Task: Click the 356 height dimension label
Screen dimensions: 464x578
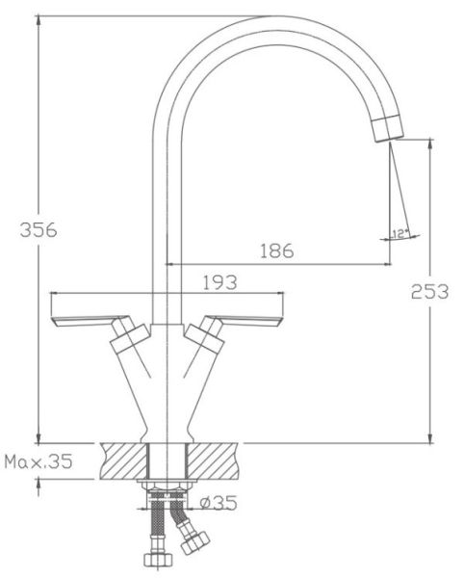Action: click(x=39, y=230)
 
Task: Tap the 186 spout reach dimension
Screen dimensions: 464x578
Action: click(x=277, y=250)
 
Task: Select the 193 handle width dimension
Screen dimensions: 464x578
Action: click(x=220, y=282)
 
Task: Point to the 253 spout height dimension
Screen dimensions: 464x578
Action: click(x=429, y=291)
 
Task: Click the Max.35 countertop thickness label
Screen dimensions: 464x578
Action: click(x=39, y=461)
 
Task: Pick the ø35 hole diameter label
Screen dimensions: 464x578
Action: click(x=219, y=503)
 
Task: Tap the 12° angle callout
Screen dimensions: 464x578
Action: click(x=400, y=234)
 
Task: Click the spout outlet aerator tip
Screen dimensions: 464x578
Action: click(x=387, y=128)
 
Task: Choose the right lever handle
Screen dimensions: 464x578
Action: click(x=245, y=321)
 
